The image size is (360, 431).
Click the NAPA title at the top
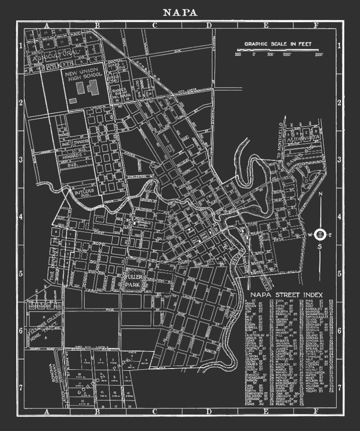coord(180,13)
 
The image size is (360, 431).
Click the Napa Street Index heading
coord(286,295)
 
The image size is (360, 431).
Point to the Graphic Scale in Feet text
coord(278,44)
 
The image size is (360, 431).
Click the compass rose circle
coord(320,234)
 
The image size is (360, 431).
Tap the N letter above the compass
coord(320,194)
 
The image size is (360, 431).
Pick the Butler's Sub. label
coord(82,192)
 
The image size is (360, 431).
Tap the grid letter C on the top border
coord(154,26)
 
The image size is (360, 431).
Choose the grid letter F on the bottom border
coord(315,411)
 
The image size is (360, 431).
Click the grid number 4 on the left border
coord(21,217)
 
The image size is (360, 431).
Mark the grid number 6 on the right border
coord(339,330)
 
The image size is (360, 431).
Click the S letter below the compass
coord(320,247)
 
